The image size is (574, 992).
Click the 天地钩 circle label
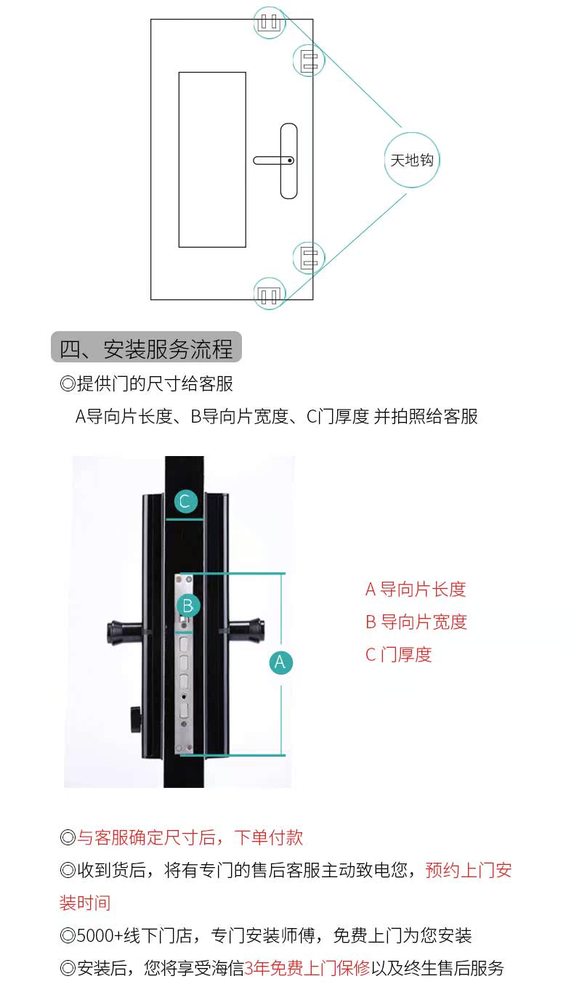tap(412, 160)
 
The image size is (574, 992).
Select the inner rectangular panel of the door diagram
tap(212, 160)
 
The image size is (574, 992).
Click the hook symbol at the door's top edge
tap(270, 22)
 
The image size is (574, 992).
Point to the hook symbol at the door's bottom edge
tap(270, 294)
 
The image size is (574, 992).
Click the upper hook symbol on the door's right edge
tap(309, 61)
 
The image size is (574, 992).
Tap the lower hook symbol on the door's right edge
tap(309, 258)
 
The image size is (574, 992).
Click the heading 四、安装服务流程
tap(146, 349)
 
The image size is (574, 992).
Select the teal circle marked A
tap(280, 662)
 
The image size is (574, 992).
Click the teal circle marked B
tap(187, 605)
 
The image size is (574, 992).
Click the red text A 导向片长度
tap(416, 590)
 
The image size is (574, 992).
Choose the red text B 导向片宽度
tap(416, 622)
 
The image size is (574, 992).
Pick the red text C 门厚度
tap(398, 655)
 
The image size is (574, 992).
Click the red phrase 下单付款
tap(269, 837)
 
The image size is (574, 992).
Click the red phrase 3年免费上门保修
tap(307, 969)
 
